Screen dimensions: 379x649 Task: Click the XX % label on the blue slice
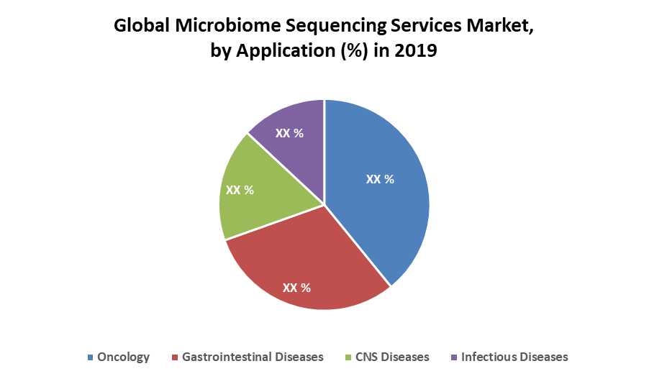click(380, 179)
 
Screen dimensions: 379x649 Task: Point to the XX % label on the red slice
click(296, 288)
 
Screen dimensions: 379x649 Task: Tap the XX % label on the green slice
click(240, 190)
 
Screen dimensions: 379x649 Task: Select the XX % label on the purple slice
click(289, 133)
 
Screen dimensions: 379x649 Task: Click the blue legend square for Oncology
click(90, 357)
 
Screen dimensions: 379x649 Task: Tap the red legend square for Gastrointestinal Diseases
click(175, 357)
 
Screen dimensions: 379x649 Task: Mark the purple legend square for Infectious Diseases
click(453, 357)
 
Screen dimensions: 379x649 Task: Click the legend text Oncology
click(124, 357)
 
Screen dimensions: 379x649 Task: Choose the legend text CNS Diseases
click(393, 357)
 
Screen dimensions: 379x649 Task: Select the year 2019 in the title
click(417, 52)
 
